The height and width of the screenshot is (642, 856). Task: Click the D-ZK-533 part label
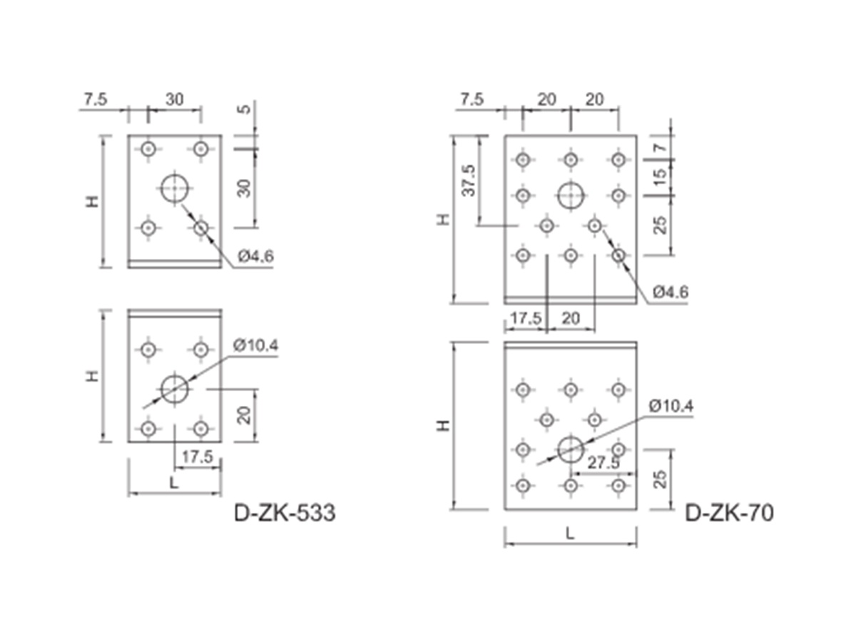pos(285,513)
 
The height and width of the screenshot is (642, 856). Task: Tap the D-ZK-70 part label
pos(729,513)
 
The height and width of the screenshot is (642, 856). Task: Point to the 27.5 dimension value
pos(603,463)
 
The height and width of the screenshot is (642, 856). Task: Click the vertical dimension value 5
pos(245,108)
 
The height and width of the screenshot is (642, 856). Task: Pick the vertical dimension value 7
pos(659,148)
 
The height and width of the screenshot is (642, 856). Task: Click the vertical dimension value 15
pos(659,178)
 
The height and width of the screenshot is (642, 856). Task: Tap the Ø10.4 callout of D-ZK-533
pos(256,345)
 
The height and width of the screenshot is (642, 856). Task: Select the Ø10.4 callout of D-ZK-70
pos(671,407)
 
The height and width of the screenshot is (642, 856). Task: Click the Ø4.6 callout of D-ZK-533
pos(256,256)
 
